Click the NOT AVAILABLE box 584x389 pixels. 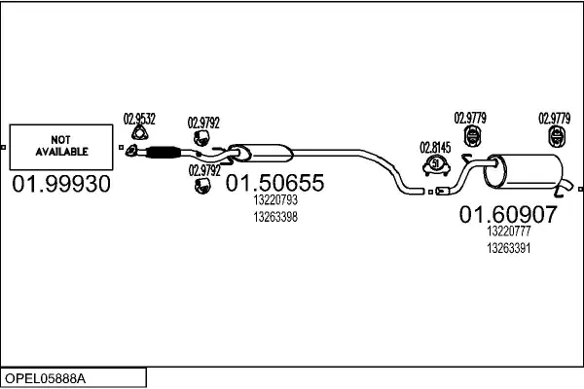tap(61, 147)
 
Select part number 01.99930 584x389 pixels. tap(61, 183)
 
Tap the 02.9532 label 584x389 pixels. tap(139, 120)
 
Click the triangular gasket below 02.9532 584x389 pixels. tap(139, 137)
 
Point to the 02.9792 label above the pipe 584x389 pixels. tap(203, 123)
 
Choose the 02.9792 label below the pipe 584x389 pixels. tap(203, 169)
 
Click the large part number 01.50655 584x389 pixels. tap(274, 183)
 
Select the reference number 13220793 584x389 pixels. tap(274, 200)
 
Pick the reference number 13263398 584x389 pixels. tap(274, 216)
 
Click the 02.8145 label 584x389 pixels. tap(435, 148)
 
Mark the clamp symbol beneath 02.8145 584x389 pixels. tap(435, 166)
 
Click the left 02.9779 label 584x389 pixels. tap(470, 119)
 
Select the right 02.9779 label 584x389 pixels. tap(555, 119)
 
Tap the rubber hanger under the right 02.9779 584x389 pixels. tap(555, 135)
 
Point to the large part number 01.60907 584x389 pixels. tap(507, 214)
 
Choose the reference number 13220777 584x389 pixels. tap(507, 231)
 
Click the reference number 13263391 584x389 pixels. tap(507, 248)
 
